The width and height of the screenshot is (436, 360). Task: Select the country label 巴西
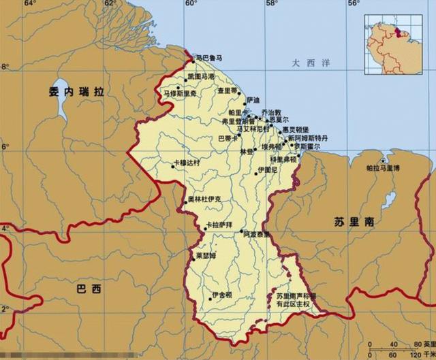(89, 289)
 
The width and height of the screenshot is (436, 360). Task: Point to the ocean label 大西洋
(311, 63)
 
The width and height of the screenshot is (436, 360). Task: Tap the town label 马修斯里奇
(181, 93)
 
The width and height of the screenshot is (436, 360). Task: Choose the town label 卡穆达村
(187, 163)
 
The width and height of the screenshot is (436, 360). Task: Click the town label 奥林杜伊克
(204, 199)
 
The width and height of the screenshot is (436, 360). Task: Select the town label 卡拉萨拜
(219, 225)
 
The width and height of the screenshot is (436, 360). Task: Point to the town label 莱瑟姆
(205, 256)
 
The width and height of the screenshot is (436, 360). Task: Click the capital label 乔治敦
(271, 112)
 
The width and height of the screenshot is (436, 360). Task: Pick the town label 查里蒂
(227, 90)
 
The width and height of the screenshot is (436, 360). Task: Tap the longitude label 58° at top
(272, 4)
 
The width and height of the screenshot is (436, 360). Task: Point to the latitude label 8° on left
(5, 67)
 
